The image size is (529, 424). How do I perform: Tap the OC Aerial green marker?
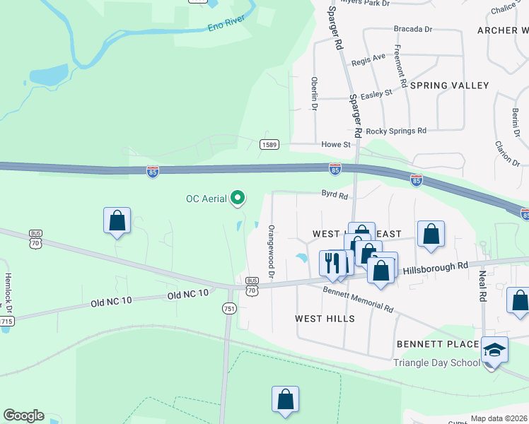238,199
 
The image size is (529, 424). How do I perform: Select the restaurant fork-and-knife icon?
332,263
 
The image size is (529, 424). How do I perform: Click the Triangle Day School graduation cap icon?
494,349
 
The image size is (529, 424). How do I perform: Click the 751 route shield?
228,308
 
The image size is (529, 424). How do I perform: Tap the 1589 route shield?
269,145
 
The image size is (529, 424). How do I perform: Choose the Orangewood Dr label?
270,251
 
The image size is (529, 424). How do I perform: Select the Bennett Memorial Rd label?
358,298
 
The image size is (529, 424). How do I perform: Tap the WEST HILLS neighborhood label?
325,319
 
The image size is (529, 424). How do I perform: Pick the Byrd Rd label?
335,194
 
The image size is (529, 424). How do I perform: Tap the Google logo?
23,416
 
